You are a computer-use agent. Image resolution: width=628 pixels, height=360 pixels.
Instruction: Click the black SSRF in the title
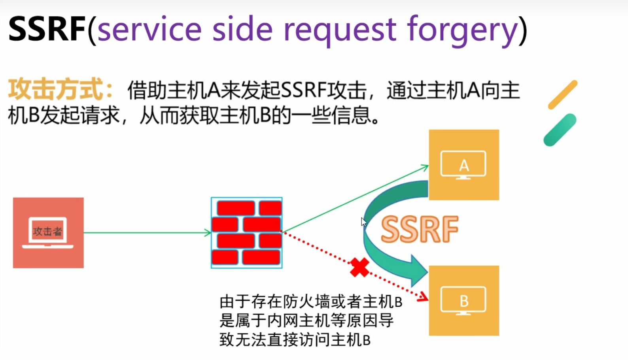pos(47,29)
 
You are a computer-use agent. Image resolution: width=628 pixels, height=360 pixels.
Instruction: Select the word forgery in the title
pos(462,30)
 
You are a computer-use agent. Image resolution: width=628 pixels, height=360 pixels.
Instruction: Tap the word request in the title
pos(340,30)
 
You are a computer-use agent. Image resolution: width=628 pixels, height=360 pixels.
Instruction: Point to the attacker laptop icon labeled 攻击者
pos(48,232)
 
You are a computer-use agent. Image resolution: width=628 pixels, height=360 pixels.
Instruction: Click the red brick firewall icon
pos(246,233)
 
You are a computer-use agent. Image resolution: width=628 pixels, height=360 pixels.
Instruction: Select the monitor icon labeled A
pos(463,165)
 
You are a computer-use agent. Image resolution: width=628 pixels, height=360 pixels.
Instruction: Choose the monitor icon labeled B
pos(463,301)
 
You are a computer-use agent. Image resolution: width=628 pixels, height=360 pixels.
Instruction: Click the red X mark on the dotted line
pos(359,268)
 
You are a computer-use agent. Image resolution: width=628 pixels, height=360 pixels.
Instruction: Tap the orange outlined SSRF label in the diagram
pos(419,229)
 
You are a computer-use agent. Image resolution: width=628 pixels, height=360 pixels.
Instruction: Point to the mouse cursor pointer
pos(363,222)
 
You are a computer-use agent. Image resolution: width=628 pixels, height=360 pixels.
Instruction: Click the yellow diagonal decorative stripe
pos(562,95)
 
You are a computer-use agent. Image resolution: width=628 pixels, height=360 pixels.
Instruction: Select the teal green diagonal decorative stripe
pos(560,130)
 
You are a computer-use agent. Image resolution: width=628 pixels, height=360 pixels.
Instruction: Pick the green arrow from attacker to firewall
pos(146,233)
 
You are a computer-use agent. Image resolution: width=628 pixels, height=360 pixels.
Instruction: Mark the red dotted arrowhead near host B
pos(424,297)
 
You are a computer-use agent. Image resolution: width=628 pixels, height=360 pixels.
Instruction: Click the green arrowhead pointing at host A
pos(425,167)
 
